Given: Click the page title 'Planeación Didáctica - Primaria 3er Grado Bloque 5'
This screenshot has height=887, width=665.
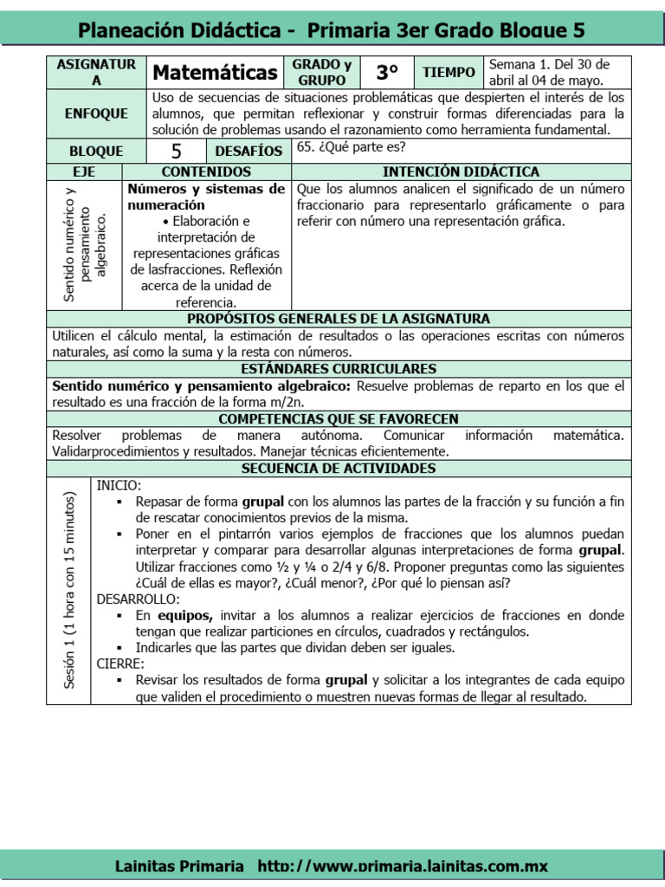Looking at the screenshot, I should pyautogui.click(x=332, y=31).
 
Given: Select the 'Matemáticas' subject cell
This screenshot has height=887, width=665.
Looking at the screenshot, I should pyautogui.click(x=215, y=73).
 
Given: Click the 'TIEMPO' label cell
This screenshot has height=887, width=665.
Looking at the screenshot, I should pyautogui.click(x=449, y=73).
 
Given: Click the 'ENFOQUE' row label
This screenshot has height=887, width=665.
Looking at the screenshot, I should pyautogui.click(x=97, y=113).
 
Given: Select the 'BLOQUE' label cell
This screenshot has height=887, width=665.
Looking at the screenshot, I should pyautogui.click(x=97, y=151).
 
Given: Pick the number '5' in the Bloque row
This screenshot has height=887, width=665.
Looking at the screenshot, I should pyautogui.click(x=176, y=151).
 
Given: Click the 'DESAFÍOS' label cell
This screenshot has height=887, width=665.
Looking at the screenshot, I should pyautogui.click(x=249, y=151).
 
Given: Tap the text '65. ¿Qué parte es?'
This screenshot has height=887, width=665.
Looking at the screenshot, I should pyautogui.click(x=351, y=146).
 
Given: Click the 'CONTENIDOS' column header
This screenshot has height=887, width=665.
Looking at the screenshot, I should pyautogui.click(x=207, y=172).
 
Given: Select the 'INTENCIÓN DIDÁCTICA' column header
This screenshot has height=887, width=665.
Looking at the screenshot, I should pyautogui.click(x=462, y=172).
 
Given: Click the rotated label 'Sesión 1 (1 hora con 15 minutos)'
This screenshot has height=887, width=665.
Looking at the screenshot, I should pyautogui.click(x=68, y=591).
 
